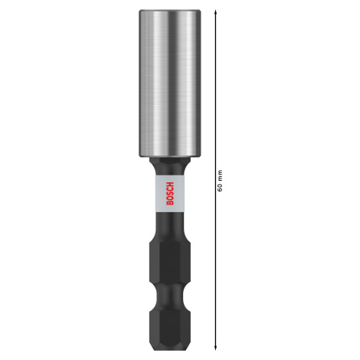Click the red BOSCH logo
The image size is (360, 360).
(x=170, y=193)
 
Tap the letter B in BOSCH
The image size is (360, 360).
(x=170, y=203)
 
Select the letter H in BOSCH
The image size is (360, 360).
(x=170, y=184)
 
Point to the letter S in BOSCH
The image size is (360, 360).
(x=170, y=193)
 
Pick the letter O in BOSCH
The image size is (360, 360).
(x=170, y=198)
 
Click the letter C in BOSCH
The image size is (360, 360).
(x=170, y=188)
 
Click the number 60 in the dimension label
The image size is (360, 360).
(x=220, y=188)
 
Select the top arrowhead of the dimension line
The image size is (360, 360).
(x=216, y=11)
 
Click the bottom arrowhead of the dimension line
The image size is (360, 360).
(x=216, y=348)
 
